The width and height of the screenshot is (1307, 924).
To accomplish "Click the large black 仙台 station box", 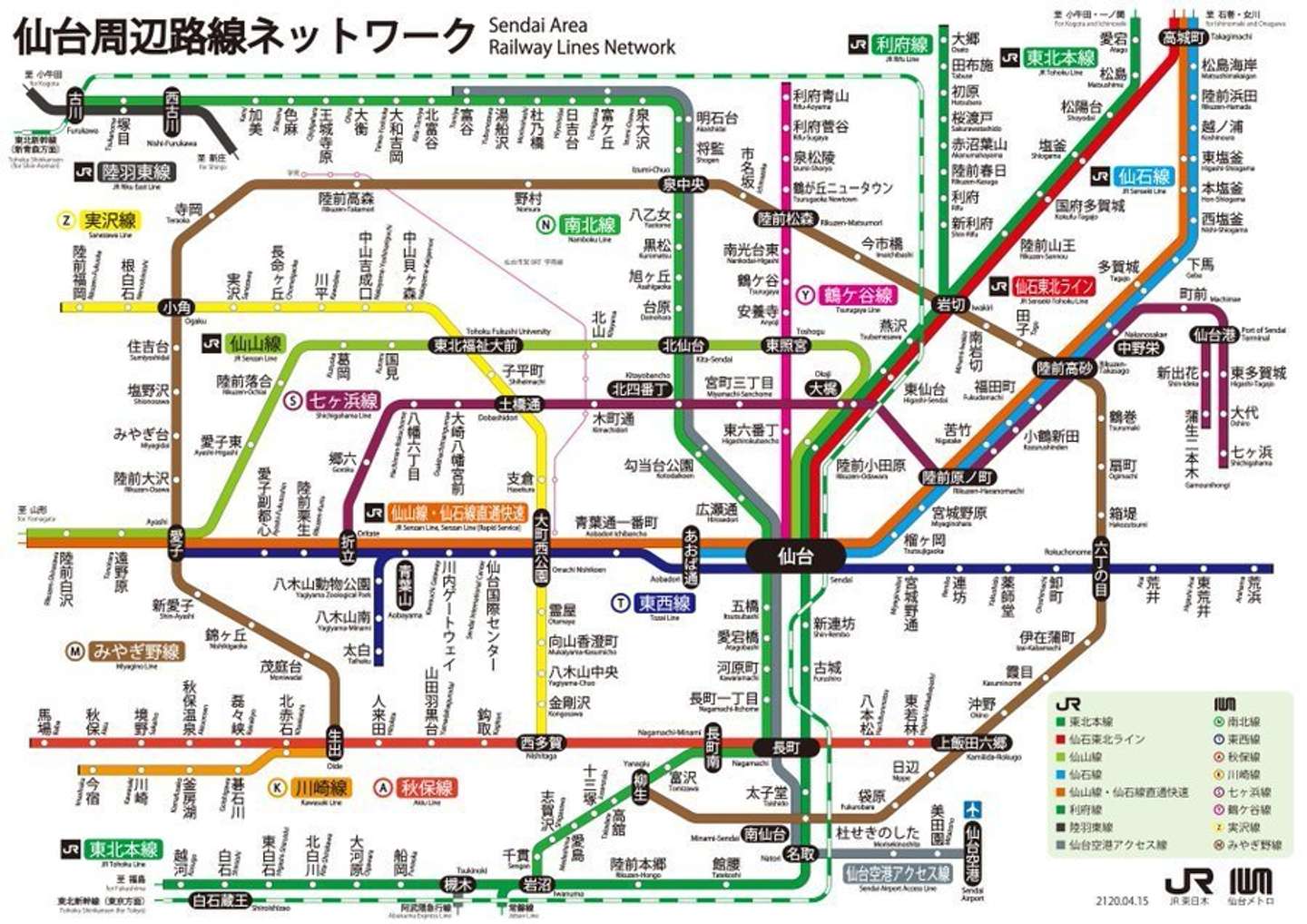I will pyautogui.click(x=795, y=555).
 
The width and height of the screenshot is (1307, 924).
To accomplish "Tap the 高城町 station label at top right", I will pyautogui.click(x=1184, y=37).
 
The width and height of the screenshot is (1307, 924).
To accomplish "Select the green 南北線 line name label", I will pyautogui.click(x=589, y=224).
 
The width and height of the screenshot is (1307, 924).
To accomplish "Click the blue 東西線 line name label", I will pyautogui.click(x=663, y=603).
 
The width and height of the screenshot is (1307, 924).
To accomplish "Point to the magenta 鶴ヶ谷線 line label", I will pyautogui.click(x=858, y=295).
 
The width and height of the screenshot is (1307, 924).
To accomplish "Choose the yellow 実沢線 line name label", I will pyautogui.click(x=110, y=220).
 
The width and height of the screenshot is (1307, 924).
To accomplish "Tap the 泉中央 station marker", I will pyautogui.click(x=683, y=184).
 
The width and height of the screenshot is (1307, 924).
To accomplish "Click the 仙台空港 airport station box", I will pyautogui.click(x=972, y=853).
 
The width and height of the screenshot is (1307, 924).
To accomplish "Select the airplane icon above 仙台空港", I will pyautogui.click(x=972, y=809).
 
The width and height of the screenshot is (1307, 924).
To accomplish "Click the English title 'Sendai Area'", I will pyautogui.click(x=537, y=25).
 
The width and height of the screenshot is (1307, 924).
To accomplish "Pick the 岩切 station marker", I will pyautogui.click(x=951, y=304).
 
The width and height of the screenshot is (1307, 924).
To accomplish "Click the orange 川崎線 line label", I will pyautogui.click(x=320, y=787).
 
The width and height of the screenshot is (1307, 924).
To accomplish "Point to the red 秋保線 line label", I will pyautogui.click(x=427, y=787).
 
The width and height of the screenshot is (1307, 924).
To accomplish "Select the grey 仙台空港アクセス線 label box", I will pyautogui.click(x=897, y=873).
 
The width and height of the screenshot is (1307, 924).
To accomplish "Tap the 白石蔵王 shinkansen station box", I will pyautogui.click(x=221, y=900).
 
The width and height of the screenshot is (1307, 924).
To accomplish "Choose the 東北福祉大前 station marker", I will pyautogui.click(x=475, y=345).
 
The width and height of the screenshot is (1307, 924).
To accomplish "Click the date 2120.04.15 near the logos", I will pyautogui.click(x=1122, y=901).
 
